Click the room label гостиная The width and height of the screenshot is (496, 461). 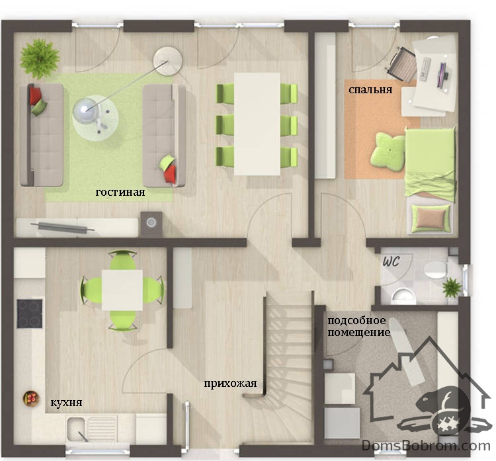pyautogui.click(x=120, y=192)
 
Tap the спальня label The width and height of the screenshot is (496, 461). pyautogui.click(x=370, y=90)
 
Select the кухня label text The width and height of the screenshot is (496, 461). pyautogui.click(x=66, y=402)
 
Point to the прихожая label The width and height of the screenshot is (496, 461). pyautogui.click(x=230, y=384)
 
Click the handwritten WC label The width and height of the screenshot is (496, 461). pyautogui.click(x=391, y=261)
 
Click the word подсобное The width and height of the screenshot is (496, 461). pyautogui.click(x=356, y=321)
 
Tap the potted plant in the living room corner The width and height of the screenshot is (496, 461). pyautogui.click(x=40, y=59)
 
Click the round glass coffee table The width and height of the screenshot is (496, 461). pyautogui.click(x=95, y=118)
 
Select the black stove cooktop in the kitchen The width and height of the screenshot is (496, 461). pyautogui.click(x=29, y=314)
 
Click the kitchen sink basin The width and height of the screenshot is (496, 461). pyautogui.click(x=76, y=429)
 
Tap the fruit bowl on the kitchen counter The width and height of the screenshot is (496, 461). pyautogui.click(x=31, y=398)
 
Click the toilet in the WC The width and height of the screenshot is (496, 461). pyautogui.click(x=436, y=270)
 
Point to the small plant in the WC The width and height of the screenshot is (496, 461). pyautogui.click(x=452, y=288)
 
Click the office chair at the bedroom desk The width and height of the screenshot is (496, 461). pyautogui.click(x=401, y=65)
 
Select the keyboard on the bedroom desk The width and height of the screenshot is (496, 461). pyautogui.click(x=425, y=69)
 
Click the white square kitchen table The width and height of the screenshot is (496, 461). pyautogui.click(x=122, y=290)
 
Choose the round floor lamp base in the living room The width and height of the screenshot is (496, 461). pyautogui.click(x=168, y=61)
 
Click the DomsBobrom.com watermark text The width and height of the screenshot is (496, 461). pyautogui.click(x=426, y=446)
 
